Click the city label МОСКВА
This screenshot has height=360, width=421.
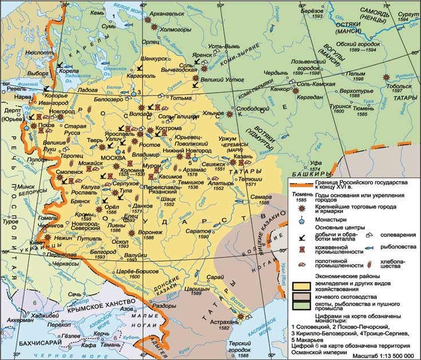[112, 158]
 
